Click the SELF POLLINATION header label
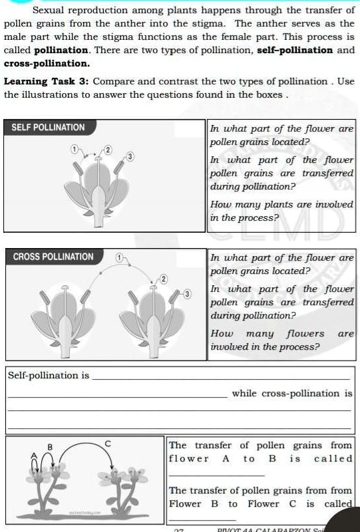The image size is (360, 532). pyautogui.click(x=49, y=127)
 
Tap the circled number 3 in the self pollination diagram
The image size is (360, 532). pyautogui.click(x=131, y=156)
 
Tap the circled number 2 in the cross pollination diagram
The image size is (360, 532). pyautogui.click(x=162, y=278)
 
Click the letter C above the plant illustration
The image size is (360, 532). pyautogui.click(x=107, y=443)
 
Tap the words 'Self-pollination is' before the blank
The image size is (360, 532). pyautogui.click(x=48, y=376)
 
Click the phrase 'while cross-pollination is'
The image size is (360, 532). pyautogui.click(x=291, y=393)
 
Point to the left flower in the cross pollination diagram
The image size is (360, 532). pyautogui.click(x=64, y=318)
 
